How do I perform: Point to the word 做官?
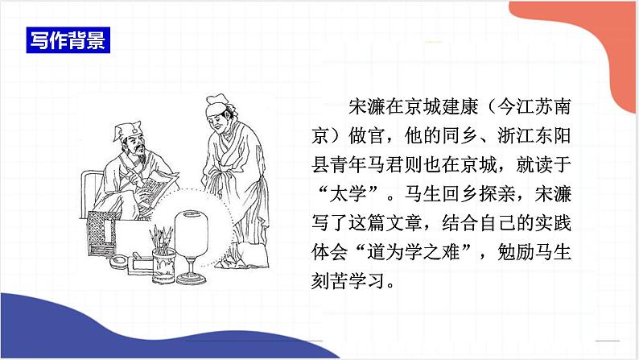[x=383, y=134]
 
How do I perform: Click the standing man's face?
[x=214, y=121]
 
